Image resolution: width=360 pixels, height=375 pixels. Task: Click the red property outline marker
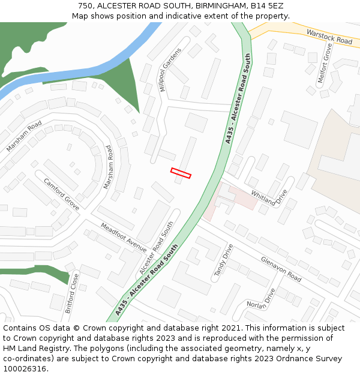(x=181, y=173)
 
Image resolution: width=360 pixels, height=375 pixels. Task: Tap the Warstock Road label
(x=329, y=37)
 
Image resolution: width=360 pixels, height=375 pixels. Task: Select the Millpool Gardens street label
(x=170, y=70)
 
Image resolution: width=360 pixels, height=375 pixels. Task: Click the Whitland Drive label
(x=269, y=198)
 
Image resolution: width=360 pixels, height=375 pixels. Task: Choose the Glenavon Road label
(x=281, y=269)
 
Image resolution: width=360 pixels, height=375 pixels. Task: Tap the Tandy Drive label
(x=223, y=260)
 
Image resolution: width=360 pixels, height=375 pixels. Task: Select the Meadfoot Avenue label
(x=124, y=238)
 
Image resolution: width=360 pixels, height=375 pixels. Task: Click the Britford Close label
(x=71, y=293)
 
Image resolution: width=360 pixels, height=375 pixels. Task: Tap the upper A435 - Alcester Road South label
(x=238, y=99)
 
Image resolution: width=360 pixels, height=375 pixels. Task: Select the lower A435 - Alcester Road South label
(x=147, y=279)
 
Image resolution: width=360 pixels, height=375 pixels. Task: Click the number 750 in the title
(x=85, y=5)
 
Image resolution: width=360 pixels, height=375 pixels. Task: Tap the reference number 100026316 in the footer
(x=25, y=368)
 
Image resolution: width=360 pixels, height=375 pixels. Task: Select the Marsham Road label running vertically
(x=109, y=167)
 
